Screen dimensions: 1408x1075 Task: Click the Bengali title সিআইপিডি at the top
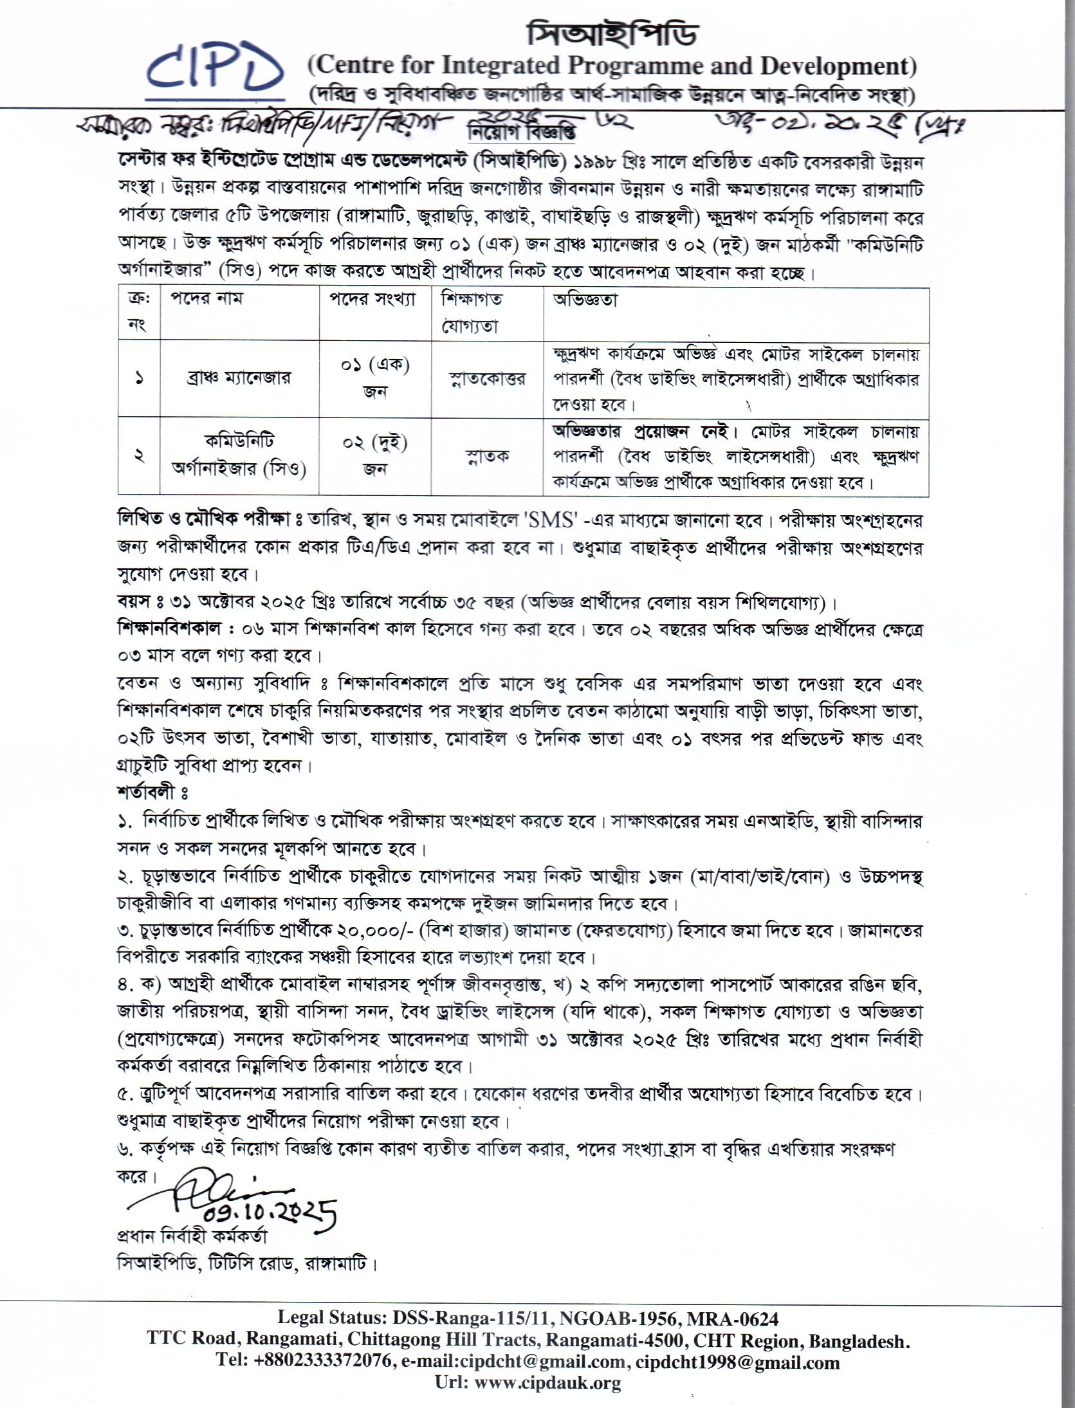click(611, 33)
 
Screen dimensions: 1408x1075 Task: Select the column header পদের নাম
click(207, 298)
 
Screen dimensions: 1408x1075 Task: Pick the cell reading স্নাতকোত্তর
click(487, 378)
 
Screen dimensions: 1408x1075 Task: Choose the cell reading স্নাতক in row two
click(487, 455)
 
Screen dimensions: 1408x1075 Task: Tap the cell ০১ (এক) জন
click(376, 378)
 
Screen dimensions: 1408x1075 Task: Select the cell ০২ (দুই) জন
click(376, 455)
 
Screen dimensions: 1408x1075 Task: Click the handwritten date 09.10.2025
click(270, 1211)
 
